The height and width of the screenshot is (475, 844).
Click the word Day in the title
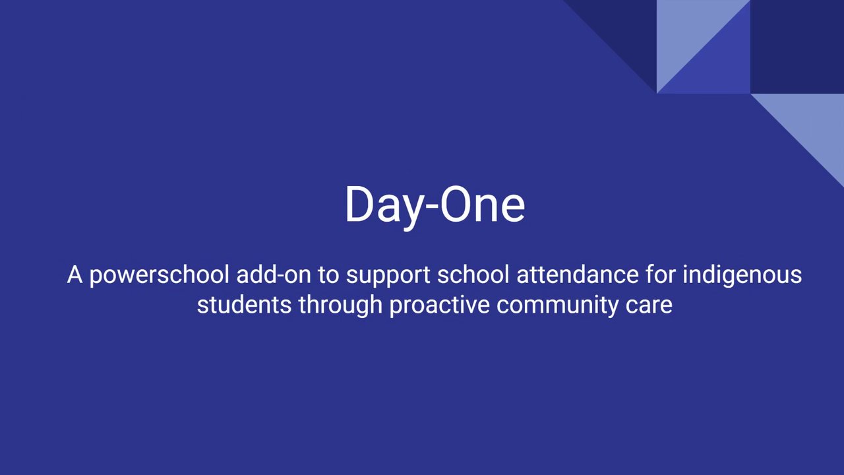pos(385,206)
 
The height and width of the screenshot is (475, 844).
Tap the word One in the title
pos(483,204)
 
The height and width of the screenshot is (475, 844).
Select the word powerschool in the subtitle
pos(160,276)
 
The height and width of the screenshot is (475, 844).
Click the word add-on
pos(274,274)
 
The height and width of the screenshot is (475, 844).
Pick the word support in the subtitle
pos(388,276)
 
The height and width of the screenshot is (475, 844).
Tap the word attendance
pos(578,274)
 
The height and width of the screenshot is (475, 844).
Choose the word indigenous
pos(742,276)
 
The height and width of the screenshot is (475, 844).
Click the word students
pos(244,305)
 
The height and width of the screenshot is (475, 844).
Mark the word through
pos(341,305)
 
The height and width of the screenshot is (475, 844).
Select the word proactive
pos(439,305)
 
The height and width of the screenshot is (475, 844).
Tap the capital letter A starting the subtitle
pos(75,274)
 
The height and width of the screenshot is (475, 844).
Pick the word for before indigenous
pos(661,274)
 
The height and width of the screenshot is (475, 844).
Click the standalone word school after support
pos(473,274)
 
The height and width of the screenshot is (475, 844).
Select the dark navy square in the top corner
pos(797,46)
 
